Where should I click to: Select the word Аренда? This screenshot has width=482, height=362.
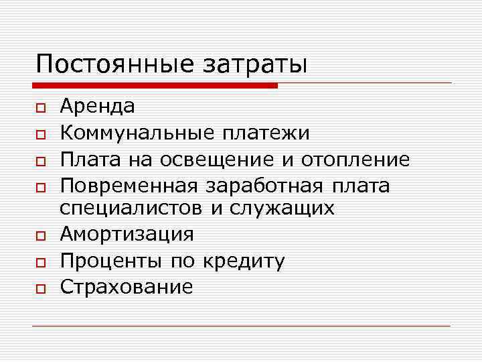pos(97,106)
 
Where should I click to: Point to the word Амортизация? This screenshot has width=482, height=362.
pos(127,235)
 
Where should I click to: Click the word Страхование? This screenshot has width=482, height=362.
pos(127,287)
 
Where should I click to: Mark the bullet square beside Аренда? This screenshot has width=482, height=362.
pos(41,107)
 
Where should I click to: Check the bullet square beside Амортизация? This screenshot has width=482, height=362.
pos(41,236)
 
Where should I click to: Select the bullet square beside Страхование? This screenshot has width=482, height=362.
pos(41,288)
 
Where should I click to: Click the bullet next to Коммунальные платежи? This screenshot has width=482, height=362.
pos(41,134)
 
